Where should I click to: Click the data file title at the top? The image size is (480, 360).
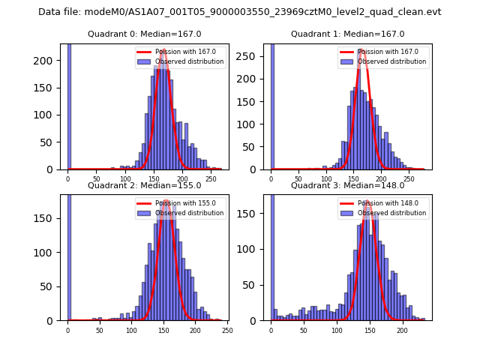pyautogui.click(x=239, y=12)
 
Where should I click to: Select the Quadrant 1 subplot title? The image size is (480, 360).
pyautogui.click(x=347, y=34)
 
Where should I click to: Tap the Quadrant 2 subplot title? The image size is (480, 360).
pyautogui.click(x=144, y=185)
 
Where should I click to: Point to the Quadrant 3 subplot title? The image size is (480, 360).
pyautogui.click(x=347, y=185)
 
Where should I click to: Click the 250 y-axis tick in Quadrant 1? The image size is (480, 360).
pyautogui.click(x=253, y=56)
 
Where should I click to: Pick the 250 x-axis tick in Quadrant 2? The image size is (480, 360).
pyautogui.click(x=227, y=331)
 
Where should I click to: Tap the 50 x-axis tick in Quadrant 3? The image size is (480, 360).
pyautogui.click(x=304, y=331)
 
